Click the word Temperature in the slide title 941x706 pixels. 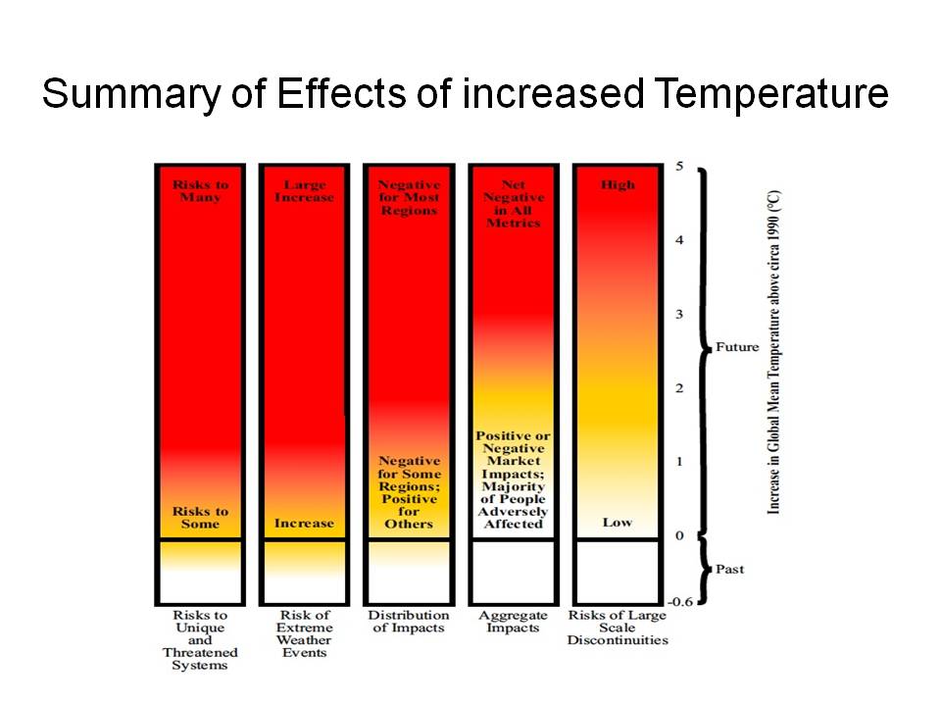click(771, 95)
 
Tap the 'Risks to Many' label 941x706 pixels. click(199, 190)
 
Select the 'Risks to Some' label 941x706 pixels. click(200, 517)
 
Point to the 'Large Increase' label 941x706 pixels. click(304, 190)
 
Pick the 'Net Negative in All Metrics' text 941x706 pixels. click(513, 203)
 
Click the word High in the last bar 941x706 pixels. click(617, 184)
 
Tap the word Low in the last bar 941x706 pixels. click(617, 523)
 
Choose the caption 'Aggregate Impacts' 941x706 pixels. click(513, 622)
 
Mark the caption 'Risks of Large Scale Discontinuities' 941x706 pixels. click(617, 628)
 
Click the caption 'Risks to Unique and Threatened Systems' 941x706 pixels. click(200, 640)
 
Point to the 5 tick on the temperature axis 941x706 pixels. click(680, 166)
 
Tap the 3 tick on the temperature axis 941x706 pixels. click(680, 314)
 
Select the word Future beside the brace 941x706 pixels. click(737, 347)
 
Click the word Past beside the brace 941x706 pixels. click(730, 569)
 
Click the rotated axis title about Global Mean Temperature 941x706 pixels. click(774, 353)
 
